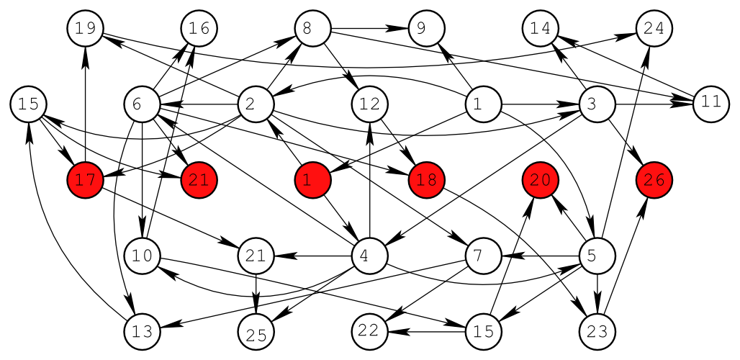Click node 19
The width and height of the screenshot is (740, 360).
[x=86, y=29]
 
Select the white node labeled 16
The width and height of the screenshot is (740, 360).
[x=199, y=29]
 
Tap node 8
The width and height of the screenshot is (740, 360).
[x=312, y=29]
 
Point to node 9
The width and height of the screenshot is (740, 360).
[x=426, y=29]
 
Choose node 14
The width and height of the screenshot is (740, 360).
[x=541, y=29]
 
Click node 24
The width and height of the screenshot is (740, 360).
[x=654, y=29]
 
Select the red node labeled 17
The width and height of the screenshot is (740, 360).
[x=86, y=180]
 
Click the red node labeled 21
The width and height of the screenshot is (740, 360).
[x=199, y=180]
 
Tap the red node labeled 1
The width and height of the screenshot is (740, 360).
[x=312, y=180]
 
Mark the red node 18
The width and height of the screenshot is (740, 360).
[x=426, y=180]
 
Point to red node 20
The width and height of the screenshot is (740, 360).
[x=541, y=180]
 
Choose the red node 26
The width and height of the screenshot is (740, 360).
[x=654, y=180]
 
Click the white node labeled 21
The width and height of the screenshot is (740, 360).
[x=256, y=256]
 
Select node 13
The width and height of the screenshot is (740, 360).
[x=143, y=331]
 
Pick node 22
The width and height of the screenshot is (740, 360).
[x=370, y=331]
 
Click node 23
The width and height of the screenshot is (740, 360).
[x=597, y=331]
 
